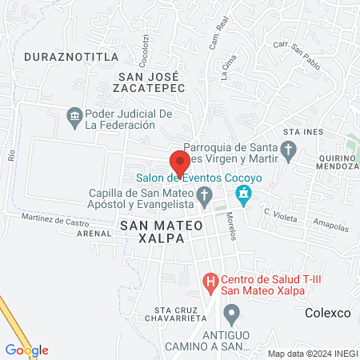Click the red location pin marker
click(x=180, y=162)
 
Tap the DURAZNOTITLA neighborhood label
click(x=71, y=57)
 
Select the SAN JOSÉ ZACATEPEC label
click(x=152, y=82)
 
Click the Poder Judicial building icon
click(x=74, y=118)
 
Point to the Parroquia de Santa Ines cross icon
click(x=289, y=150)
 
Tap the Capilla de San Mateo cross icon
click(x=205, y=194)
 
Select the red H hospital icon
click(x=210, y=282)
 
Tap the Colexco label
click(x=328, y=314)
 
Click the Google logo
click(x=26, y=350)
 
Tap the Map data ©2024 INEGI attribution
click(x=311, y=353)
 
